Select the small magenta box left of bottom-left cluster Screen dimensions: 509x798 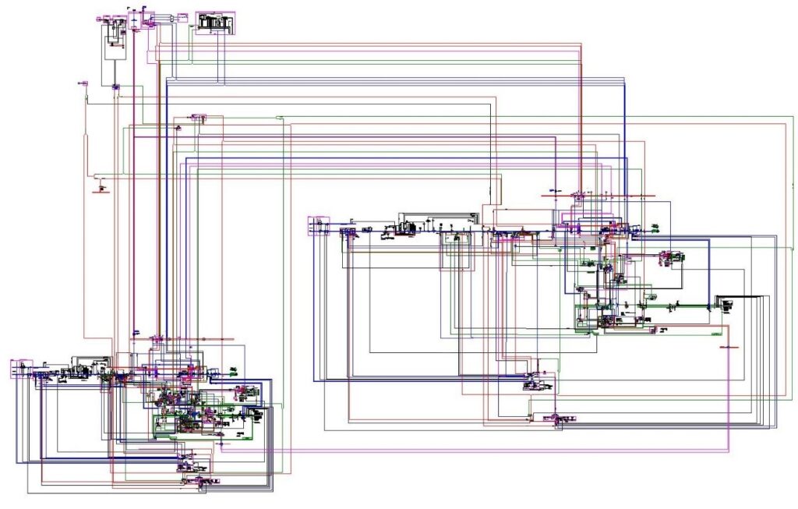[21, 368]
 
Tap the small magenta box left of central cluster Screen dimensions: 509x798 [319, 226]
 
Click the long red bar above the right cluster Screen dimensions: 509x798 [616, 195]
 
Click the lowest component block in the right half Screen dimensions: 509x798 [557, 420]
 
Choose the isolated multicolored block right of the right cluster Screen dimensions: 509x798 [671, 256]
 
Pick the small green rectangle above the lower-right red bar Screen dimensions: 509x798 [722, 333]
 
